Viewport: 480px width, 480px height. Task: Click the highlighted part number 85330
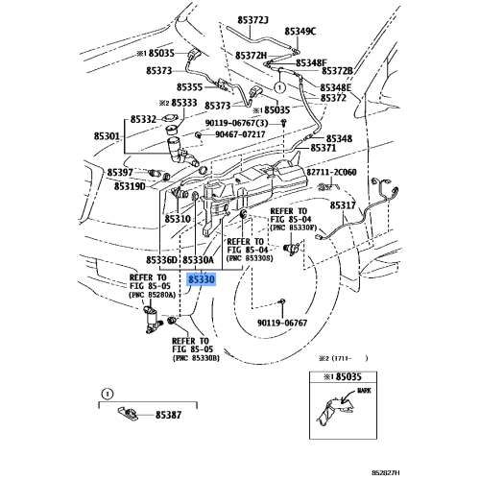coord(202,279)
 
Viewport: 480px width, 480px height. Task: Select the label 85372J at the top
coord(252,20)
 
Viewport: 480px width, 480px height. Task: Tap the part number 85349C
coord(300,32)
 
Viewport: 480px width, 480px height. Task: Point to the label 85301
coord(107,136)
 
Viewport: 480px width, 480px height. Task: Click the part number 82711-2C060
coord(331,172)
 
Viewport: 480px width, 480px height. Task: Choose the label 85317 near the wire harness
coord(343,205)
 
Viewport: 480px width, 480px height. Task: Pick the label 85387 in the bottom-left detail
coord(168,415)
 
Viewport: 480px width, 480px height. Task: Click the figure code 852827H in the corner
coord(386,472)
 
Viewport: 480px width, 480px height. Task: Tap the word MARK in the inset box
coord(364,391)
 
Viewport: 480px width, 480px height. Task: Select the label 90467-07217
coord(240,134)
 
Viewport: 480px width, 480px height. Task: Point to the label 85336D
coord(161,260)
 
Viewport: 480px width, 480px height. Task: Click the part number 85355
coord(190,87)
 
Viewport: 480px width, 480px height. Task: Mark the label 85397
coord(120,173)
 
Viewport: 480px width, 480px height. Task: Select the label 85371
coord(324,148)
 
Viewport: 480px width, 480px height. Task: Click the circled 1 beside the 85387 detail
coord(108,394)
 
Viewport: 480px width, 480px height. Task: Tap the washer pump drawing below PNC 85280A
coord(152,320)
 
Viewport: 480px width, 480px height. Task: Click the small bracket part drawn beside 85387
coord(128,414)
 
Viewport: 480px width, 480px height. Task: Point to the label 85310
coord(178,219)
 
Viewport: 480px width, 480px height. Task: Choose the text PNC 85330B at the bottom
coord(196,358)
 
